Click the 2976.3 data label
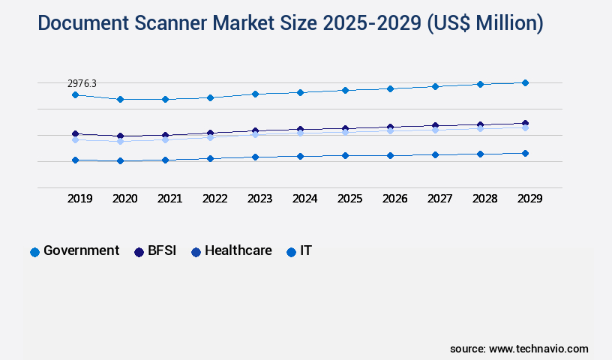coord(82,83)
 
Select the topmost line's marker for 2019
coord(75,95)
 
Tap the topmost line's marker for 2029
coord(525,82)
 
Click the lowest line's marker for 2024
coord(300,156)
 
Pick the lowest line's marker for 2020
coord(120,160)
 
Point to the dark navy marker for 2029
coord(525,123)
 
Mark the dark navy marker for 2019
coord(75,133)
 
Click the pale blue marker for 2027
coord(435,130)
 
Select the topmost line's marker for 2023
coord(255,94)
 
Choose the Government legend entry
coord(74,251)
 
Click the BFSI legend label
coord(161,251)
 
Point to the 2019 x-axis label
coord(80,199)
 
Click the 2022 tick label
coord(215,199)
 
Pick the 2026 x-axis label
coord(395,199)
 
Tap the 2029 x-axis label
coord(530,199)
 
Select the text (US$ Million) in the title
coord(485,23)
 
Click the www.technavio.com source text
coord(538,349)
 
